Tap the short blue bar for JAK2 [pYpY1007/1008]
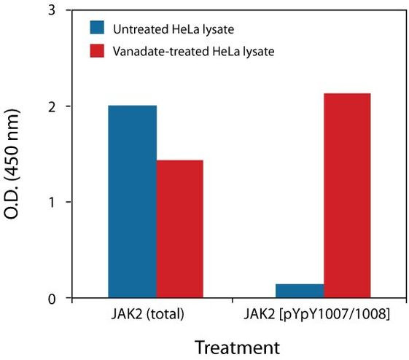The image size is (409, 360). click(x=299, y=291)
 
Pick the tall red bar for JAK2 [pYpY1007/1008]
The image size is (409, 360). click(x=346, y=196)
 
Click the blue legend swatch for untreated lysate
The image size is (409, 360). click(x=98, y=28)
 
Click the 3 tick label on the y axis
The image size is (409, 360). click(x=51, y=11)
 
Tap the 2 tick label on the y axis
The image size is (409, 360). click(x=51, y=106)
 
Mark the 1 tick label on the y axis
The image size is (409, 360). click(x=51, y=202)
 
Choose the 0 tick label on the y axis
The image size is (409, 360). click(x=51, y=298)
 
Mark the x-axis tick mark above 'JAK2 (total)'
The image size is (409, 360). click(x=155, y=302)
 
